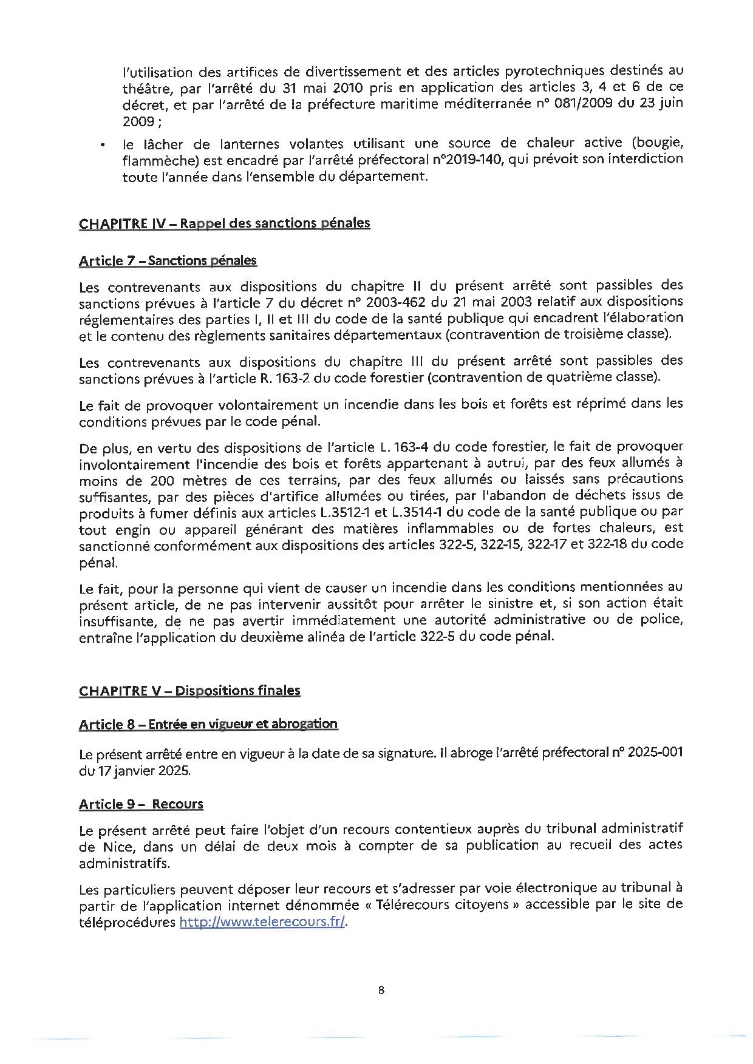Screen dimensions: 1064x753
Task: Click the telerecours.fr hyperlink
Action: click(263, 922)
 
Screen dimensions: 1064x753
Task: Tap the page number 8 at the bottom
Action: click(381, 991)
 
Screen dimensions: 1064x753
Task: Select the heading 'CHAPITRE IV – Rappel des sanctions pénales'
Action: click(224, 223)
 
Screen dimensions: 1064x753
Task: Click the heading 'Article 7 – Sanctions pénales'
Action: click(168, 261)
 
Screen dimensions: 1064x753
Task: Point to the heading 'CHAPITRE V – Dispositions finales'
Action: click(189, 691)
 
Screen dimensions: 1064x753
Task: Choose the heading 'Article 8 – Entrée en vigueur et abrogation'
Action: click(208, 724)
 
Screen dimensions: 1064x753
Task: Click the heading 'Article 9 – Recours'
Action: click(141, 804)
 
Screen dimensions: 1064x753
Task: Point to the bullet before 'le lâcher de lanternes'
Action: click(104, 146)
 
